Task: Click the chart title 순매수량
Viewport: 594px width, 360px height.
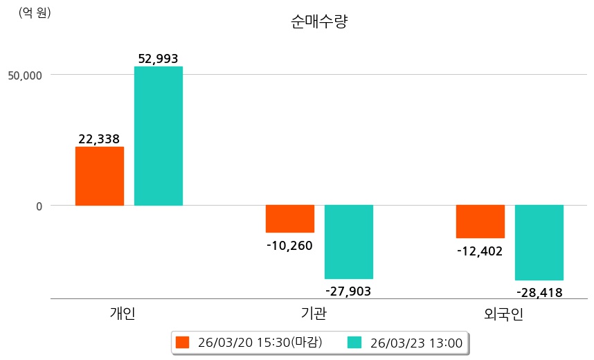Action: (x=319, y=21)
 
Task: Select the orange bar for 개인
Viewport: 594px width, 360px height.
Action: (x=100, y=176)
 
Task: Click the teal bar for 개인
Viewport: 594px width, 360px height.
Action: (x=159, y=136)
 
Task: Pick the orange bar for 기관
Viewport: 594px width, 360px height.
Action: (x=290, y=219)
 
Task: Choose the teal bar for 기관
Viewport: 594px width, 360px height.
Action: (x=349, y=242)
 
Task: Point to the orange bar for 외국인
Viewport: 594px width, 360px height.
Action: (x=480, y=222)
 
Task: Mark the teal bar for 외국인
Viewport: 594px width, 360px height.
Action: (x=539, y=242)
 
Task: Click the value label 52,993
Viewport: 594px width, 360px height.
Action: (x=159, y=59)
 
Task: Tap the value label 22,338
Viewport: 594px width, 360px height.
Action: (x=99, y=139)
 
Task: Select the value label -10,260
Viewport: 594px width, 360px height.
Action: (x=289, y=245)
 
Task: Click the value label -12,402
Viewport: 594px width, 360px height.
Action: (x=480, y=251)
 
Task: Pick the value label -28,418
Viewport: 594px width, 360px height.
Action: (x=539, y=293)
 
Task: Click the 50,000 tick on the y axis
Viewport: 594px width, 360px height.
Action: (x=25, y=74)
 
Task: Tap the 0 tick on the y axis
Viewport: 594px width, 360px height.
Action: (x=39, y=206)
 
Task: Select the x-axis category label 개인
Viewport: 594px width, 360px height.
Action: (x=123, y=314)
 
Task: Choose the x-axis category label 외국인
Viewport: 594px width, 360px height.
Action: (x=503, y=315)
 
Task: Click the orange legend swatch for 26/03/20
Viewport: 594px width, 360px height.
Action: (x=182, y=342)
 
